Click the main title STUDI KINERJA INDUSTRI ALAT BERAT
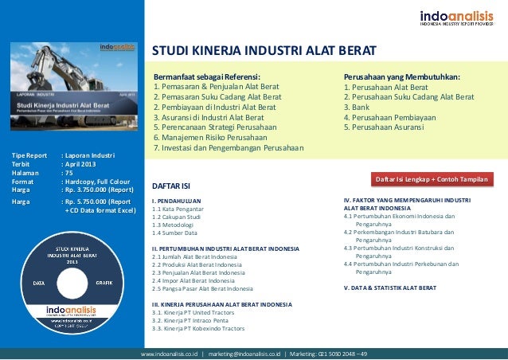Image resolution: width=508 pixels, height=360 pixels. [x=264, y=53]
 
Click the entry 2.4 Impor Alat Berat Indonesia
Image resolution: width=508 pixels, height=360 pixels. [x=192, y=281]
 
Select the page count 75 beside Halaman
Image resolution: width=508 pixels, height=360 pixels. [x=69, y=170]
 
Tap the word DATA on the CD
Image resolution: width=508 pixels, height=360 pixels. [x=39, y=283]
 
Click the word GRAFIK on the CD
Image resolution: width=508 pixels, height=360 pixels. [x=104, y=283]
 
